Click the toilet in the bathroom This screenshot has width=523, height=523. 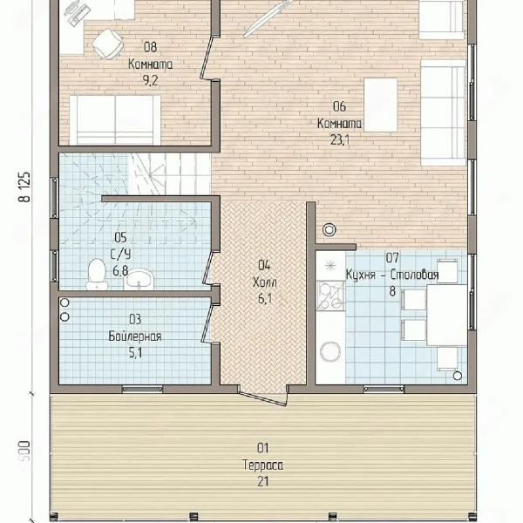coord(97,274)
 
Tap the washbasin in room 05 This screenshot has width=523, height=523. coord(139,279)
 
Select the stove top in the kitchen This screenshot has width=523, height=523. coord(330,295)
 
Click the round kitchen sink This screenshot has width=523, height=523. coord(330,351)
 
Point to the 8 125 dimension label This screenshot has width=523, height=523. coord(25,187)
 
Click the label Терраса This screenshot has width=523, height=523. coord(263,465)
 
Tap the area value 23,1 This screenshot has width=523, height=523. coord(340,140)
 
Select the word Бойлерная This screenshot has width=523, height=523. coord(135,336)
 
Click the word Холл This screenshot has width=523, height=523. coord(264,282)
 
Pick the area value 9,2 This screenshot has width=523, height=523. coord(150,80)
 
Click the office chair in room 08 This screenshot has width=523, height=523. coord(107,44)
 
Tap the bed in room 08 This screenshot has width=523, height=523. coord(115,120)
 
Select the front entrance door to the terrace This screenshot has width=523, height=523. coord(263,397)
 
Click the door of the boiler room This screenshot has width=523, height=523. coord(207,320)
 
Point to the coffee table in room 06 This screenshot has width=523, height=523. coord(381,105)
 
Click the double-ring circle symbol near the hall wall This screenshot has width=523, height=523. coord(329,230)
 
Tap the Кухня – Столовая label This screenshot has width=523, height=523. coord(392,275)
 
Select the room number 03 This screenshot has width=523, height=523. coord(135,319)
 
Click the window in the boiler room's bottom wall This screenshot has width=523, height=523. coord(142,389)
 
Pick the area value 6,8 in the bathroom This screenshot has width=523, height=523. coord(120,270)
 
